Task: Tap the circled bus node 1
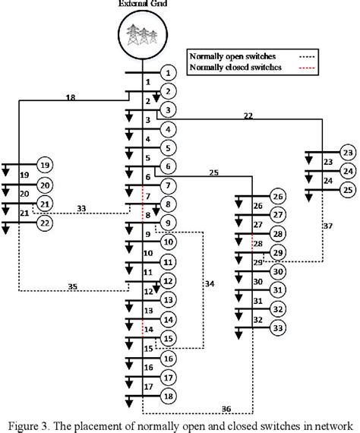coord(169,73)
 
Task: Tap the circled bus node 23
coord(348,152)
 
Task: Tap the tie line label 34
coord(210,283)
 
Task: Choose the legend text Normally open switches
coord(233,55)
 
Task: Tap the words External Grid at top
coord(142,5)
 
